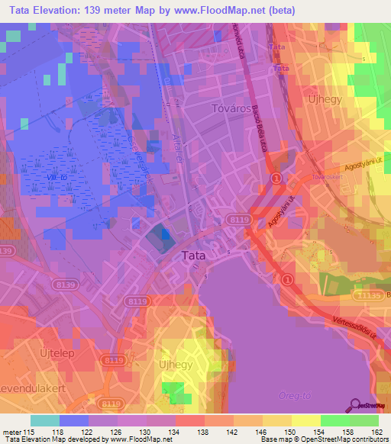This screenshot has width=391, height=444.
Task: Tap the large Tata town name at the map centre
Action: click(192, 256)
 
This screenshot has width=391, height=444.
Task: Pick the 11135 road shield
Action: click(367, 294)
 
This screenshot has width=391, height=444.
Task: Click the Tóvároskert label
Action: click(327, 176)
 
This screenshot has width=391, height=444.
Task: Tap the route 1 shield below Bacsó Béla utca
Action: click(276, 178)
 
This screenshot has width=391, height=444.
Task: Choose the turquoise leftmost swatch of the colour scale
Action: click(44, 420)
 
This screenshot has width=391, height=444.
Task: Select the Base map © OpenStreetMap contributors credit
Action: click(325, 440)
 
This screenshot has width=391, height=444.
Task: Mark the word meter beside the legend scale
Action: click(11, 432)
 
